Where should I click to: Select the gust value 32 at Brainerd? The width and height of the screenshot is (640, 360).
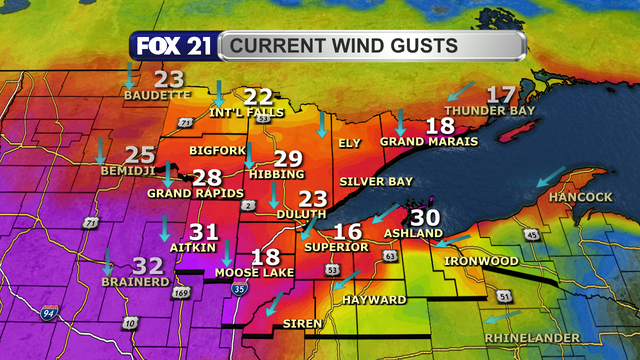click(x=149, y=265)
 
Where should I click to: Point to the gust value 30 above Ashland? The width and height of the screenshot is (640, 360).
click(x=425, y=217)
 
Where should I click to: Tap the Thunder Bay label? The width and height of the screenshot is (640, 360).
click(x=484, y=109)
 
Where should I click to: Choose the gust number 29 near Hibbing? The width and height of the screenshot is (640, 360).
click(x=288, y=158)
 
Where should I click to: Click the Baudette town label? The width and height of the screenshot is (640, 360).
click(x=156, y=95)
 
